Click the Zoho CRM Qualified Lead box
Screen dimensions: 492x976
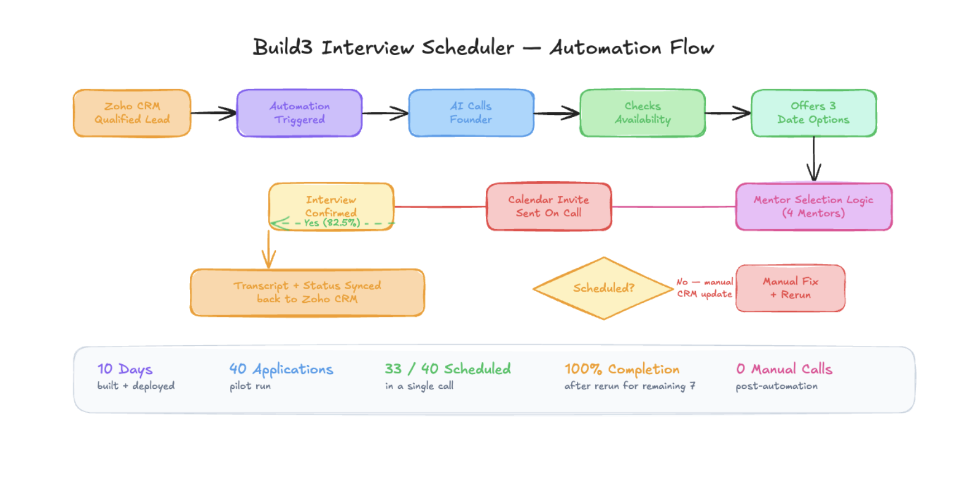coord(132,113)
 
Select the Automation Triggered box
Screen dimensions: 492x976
coord(299,113)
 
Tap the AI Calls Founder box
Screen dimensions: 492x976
coord(471,113)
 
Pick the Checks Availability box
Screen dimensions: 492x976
coord(642,113)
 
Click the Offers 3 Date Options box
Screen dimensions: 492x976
coord(814,113)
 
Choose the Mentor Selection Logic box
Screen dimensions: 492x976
coord(814,206)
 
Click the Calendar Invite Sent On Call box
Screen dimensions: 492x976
coord(548,206)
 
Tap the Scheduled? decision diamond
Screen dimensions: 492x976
coord(603,288)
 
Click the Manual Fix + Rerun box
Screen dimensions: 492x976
coord(790,288)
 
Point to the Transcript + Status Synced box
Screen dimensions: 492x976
coord(307,292)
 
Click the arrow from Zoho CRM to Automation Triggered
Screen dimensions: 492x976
coord(213,113)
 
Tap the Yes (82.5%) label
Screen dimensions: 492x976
coord(332,223)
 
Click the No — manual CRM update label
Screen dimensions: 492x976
coord(704,288)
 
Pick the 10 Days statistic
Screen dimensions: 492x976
coord(125,369)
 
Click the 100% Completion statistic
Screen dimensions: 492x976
coord(621,369)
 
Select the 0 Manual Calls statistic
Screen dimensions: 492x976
coord(783,369)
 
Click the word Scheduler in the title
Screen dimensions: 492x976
coord(467,48)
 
